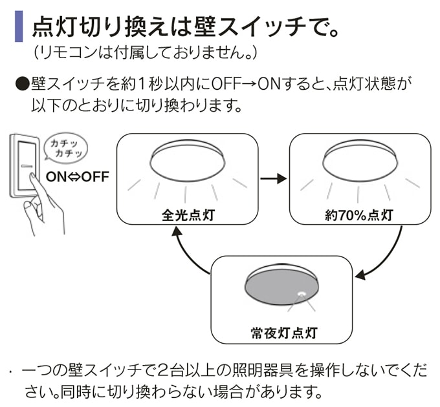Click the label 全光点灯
point(187,216)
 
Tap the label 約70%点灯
point(360,216)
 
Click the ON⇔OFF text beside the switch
point(77,176)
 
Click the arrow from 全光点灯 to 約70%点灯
point(272,178)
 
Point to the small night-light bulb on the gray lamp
point(302,293)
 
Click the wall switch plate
point(25,165)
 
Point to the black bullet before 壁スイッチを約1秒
point(21,84)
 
